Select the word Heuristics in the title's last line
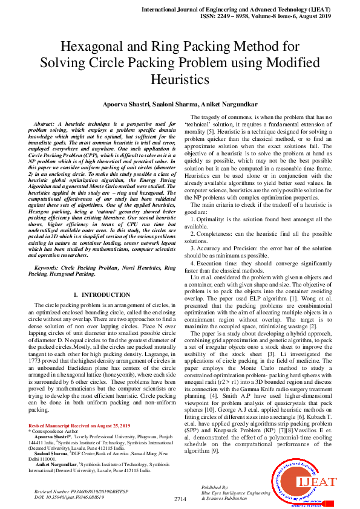click(180, 79)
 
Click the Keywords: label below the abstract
click(51, 267)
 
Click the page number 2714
click(180, 499)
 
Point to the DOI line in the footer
click(70, 497)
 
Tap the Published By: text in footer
click(215, 487)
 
